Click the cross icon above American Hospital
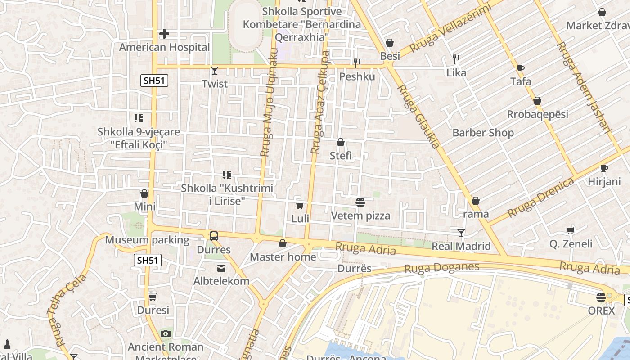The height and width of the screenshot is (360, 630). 164,34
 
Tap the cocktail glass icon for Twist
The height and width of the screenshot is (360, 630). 215,70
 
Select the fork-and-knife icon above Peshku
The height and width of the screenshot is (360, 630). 357,63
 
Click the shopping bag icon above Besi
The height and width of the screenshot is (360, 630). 390,43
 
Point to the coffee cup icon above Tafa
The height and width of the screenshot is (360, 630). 521,68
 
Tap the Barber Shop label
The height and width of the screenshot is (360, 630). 483,133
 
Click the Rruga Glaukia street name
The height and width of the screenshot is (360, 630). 418,117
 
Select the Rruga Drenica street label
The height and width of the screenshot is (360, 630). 541,198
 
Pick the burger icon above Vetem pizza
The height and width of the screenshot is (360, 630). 360,202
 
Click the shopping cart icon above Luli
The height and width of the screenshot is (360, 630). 300,205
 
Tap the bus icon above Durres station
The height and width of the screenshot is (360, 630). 214,236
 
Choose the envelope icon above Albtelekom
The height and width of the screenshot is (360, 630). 221,268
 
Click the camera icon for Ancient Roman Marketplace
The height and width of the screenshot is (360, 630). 166,333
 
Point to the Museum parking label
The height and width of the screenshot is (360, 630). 147,240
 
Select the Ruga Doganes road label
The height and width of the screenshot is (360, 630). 441,268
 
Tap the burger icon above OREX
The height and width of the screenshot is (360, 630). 601,297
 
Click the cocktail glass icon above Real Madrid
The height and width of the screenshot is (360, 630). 461,233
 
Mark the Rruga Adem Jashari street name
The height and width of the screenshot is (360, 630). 584,88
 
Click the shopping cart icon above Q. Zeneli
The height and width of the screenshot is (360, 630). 571,230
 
